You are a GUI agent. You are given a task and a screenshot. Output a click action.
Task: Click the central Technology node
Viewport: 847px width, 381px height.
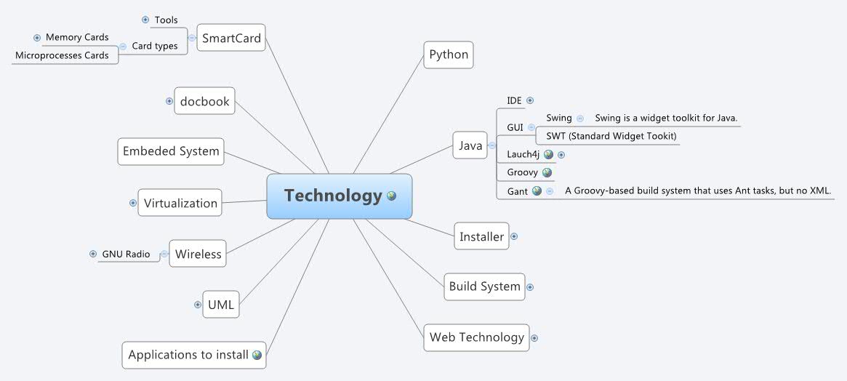(339, 196)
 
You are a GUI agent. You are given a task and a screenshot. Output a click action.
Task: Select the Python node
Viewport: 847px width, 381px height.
(449, 55)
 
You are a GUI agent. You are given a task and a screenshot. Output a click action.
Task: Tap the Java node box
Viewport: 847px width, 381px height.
(470, 146)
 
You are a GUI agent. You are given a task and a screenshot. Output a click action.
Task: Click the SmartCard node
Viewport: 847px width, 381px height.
(231, 39)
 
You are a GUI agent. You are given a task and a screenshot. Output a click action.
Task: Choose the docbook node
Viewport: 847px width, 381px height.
(205, 102)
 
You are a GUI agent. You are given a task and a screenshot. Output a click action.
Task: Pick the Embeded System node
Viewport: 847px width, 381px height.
(171, 151)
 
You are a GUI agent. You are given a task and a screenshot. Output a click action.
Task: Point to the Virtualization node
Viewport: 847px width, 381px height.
(180, 203)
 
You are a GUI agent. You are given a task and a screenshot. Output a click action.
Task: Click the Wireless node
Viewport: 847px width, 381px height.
(198, 254)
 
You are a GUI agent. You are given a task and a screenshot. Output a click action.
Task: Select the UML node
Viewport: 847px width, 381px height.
(220, 305)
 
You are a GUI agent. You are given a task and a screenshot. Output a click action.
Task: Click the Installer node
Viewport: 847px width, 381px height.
(481, 236)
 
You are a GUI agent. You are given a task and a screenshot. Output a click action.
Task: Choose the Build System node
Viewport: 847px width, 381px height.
(484, 286)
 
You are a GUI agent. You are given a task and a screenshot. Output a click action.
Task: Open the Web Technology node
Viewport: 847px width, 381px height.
(476, 337)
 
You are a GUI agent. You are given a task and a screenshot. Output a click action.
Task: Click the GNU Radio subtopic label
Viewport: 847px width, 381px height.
(126, 254)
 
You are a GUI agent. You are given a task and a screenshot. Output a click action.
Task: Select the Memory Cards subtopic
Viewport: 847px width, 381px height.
(77, 37)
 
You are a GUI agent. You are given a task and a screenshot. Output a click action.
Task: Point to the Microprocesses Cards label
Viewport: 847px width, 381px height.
(62, 55)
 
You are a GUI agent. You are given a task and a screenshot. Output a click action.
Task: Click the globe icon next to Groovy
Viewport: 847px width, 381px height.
(547, 172)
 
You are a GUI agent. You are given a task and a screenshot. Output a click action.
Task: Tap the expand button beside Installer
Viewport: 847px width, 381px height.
(514, 236)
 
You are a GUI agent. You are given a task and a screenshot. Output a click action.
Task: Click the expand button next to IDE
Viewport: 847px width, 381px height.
(530, 100)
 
